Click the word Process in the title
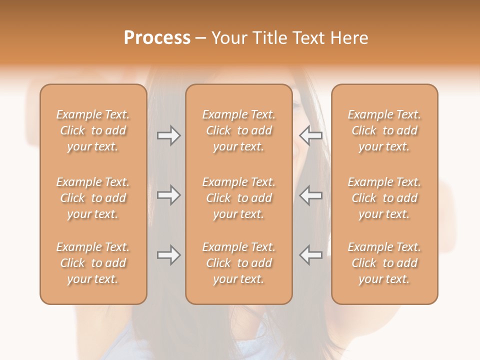tap(157, 38)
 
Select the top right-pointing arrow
tap(168, 135)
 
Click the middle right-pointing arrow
tap(168, 195)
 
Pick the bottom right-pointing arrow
tap(168, 255)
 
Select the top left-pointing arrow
tap(310, 135)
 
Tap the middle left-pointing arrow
tap(310, 195)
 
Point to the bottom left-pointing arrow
tap(310, 255)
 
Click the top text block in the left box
tap(93, 130)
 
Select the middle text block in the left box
tap(93, 198)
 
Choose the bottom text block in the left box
tap(93, 263)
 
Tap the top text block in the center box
tap(239, 130)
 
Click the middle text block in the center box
tap(239, 198)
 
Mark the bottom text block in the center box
tap(239, 263)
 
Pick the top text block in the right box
tap(384, 130)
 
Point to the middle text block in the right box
tap(384, 198)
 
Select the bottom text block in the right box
tap(384, 263)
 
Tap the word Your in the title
tap(228, 38)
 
